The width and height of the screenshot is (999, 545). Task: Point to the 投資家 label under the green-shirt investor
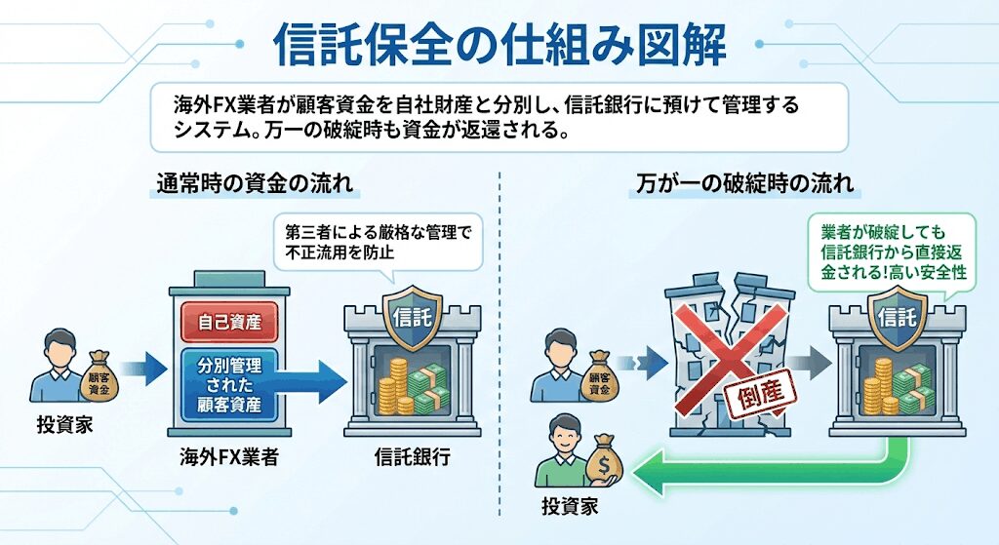(x=569, y=507)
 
